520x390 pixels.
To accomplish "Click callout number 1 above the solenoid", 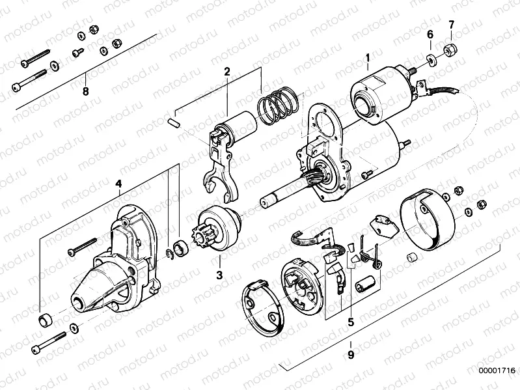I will click(x=367, y=58).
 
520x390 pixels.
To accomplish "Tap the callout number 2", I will click(x=227, y=71).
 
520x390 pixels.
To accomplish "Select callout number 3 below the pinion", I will click(x=219, y=276).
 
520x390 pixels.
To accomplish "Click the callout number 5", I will click(x=350, y=321).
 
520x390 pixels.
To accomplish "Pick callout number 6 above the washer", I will click(x=430, y=34).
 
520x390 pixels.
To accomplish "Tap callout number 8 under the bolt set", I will click(x=85, y=91).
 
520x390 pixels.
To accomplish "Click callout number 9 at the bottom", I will click(x=350, y=355).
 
